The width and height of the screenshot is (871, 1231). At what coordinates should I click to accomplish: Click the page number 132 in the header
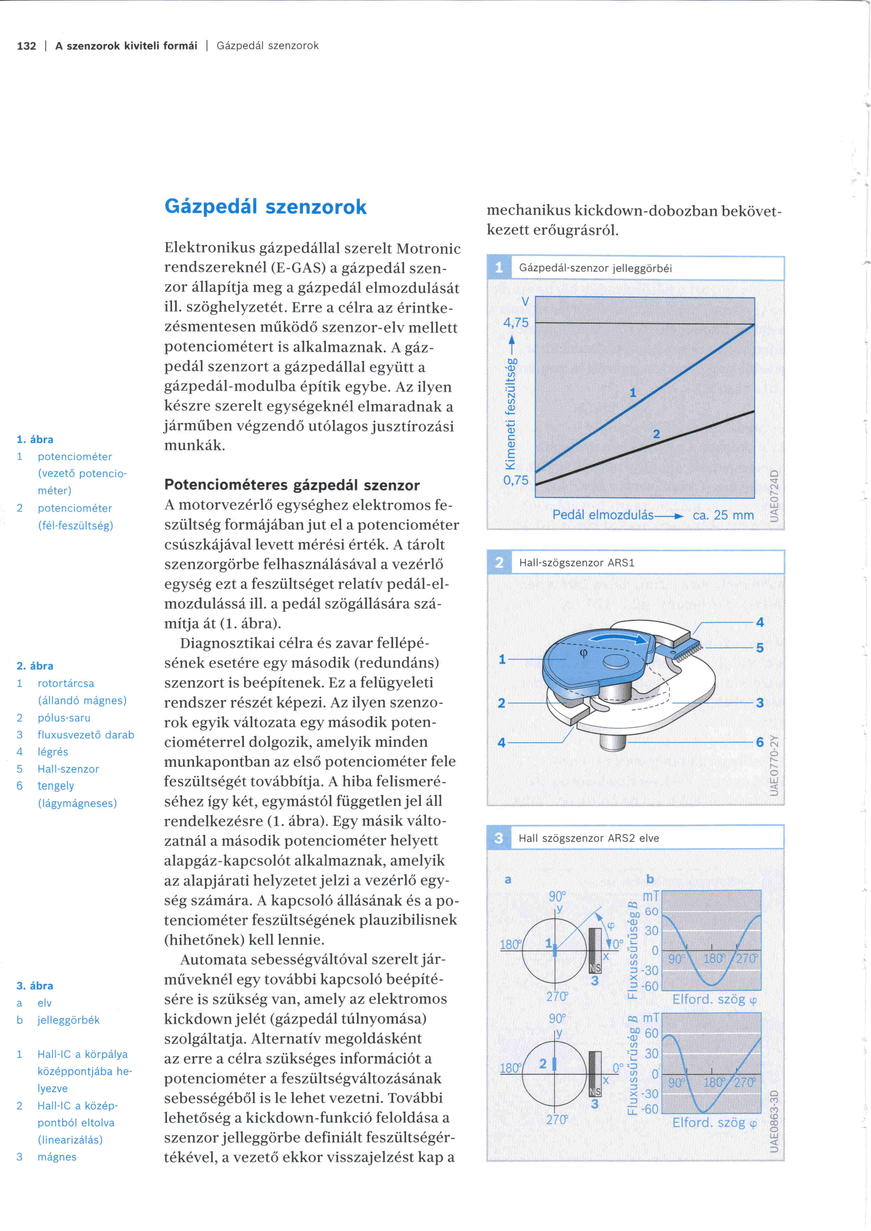coord(26,46)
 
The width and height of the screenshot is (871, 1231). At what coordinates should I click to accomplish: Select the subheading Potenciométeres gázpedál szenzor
coord(292,485)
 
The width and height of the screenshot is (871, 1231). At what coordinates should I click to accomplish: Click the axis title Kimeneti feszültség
coord(511,413)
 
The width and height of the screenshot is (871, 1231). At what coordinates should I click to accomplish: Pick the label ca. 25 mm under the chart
coord(723,515)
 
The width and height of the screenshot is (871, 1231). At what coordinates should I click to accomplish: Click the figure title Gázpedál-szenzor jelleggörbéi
coord(595,269)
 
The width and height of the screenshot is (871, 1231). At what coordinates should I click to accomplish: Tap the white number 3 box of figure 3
coord(499,838)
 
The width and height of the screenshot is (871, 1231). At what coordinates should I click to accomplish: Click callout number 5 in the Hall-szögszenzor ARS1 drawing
coord(759,648)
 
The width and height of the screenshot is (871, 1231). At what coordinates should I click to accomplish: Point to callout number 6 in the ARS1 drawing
coord(759,742)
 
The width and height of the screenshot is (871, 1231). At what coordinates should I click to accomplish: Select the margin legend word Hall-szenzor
coord(68,769)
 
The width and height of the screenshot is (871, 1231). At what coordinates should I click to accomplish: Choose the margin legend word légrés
coord(53,752)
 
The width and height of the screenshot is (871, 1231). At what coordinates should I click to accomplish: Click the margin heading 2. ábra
coord(35,666)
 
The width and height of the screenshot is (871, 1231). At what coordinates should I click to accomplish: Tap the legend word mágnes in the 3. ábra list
coord(57,1157)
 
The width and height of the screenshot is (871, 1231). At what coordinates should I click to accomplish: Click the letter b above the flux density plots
coord(650,879)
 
